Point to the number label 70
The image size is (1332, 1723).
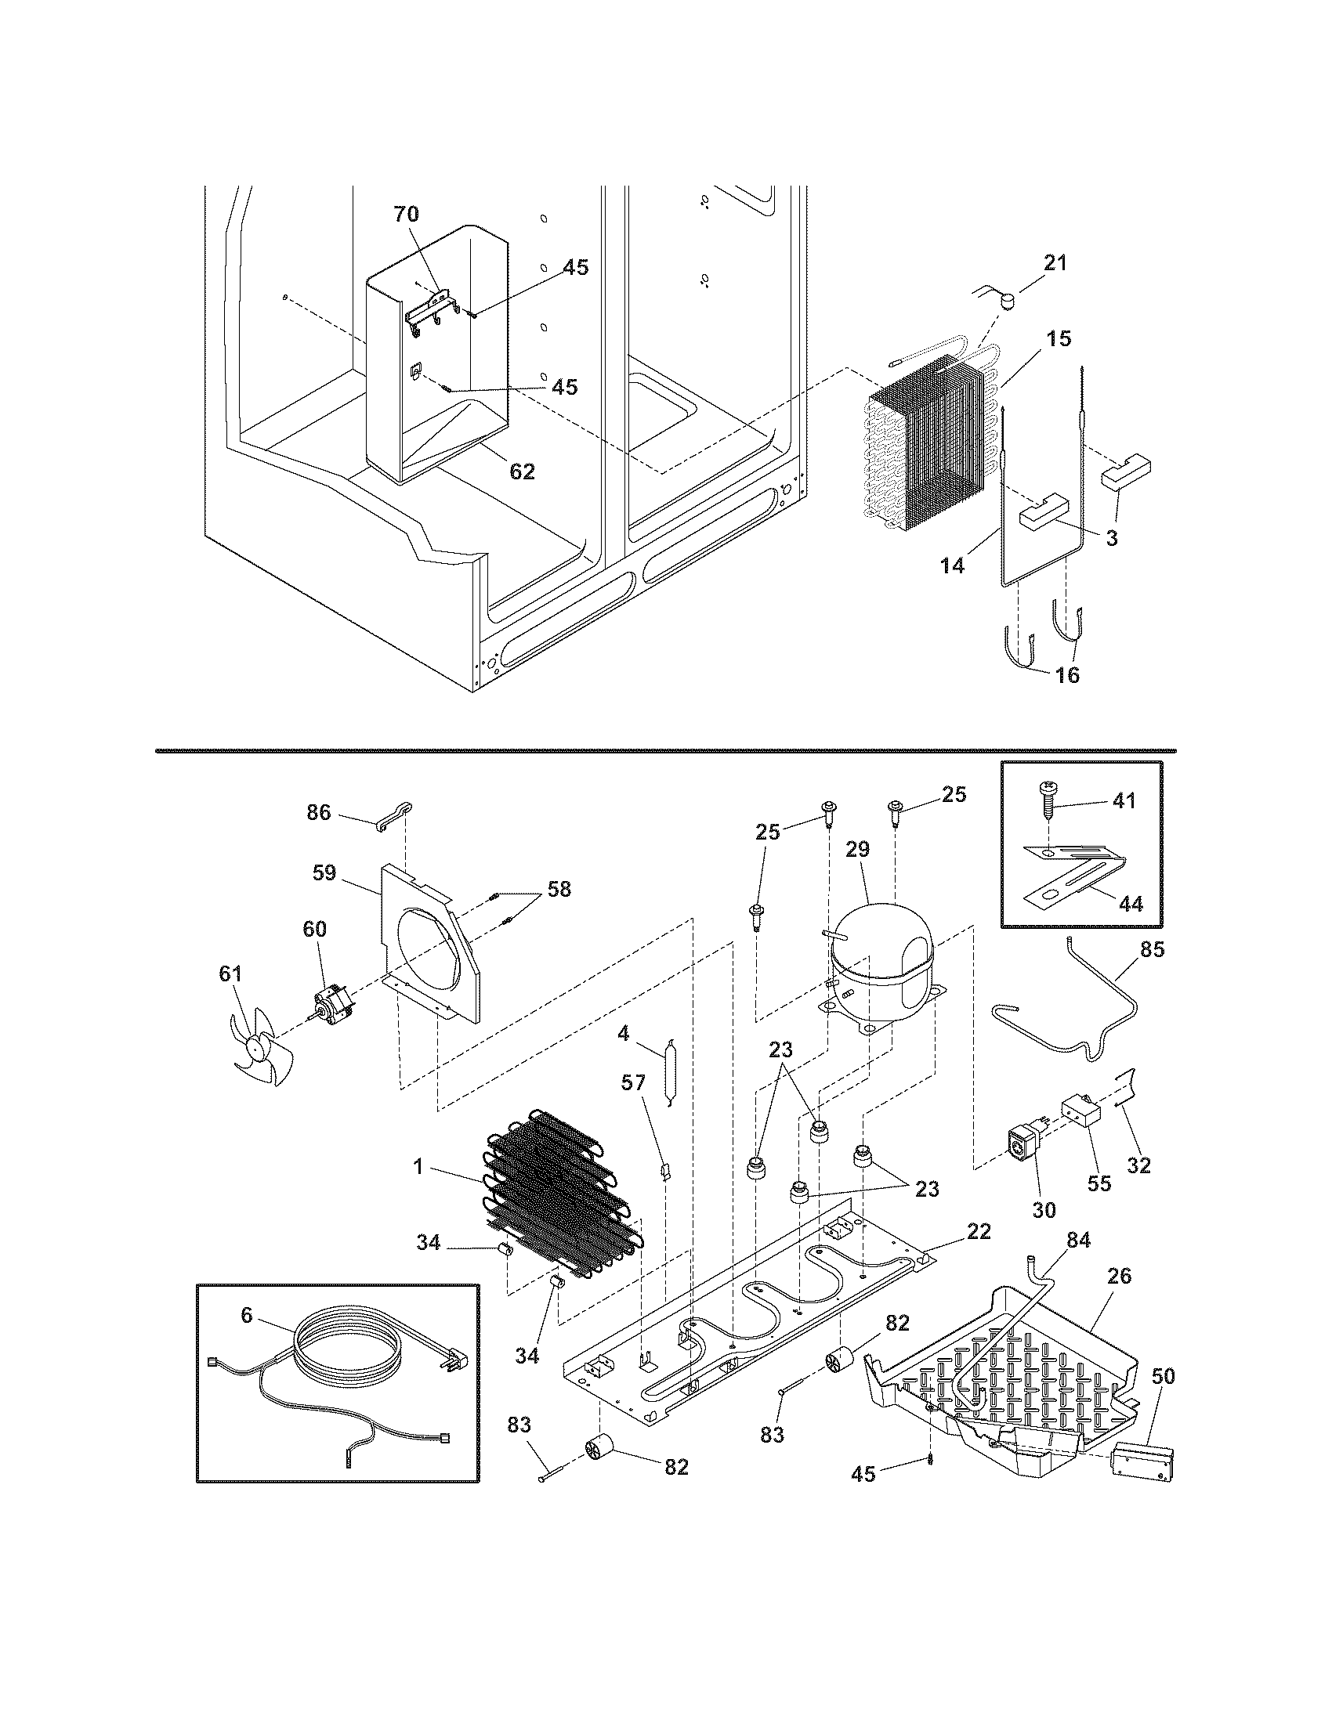(x=407, y=214)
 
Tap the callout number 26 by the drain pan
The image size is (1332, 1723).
(x=1119, y=1276)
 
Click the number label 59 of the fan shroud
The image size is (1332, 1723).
(x=324, y=872)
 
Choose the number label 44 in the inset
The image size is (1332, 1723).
(x=1131, y=904)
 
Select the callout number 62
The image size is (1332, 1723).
(x=523, y=471)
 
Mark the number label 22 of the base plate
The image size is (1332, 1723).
(x=979, y=1231)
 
